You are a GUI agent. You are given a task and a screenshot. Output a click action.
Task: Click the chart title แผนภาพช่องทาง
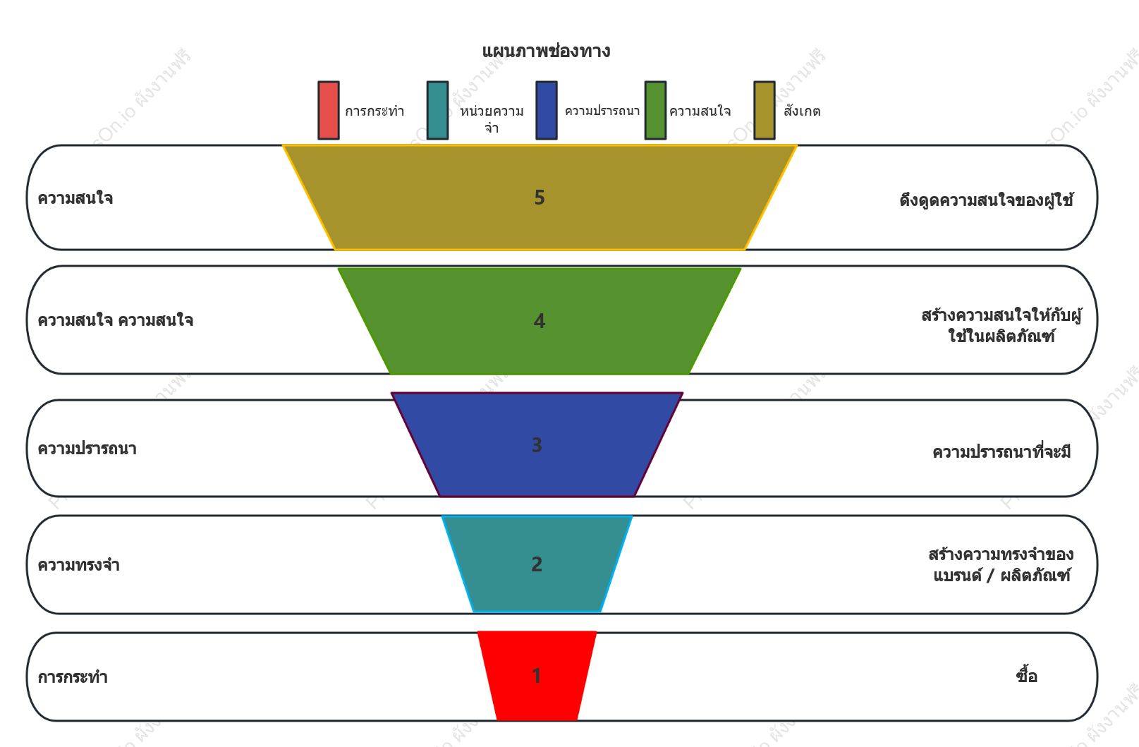tap(546, 51)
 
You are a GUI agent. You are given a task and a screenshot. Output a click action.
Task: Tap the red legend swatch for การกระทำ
tap(329, 110)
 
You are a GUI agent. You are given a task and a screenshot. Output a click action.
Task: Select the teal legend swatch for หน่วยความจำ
tap(437, 110)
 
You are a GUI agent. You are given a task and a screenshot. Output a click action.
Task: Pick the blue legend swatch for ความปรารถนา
tap(547, 110)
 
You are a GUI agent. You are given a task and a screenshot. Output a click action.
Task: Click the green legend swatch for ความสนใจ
tap(655, 110)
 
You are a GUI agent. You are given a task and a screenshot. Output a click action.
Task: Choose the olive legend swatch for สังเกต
tap(765, 110)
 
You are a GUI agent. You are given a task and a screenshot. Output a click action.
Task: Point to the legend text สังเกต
tap(802, 110)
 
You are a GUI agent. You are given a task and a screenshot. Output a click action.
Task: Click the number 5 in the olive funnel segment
tap(540, 198)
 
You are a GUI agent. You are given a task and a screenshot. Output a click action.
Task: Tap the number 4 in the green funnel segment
tap(540, 321)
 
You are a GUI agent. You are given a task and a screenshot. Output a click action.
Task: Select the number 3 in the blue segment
tap(537, 445)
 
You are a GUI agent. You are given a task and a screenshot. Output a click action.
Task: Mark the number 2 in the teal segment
tap(537, 564)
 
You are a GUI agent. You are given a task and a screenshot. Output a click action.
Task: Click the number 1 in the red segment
tap(537, 676)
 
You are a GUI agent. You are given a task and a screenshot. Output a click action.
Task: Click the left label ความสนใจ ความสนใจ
tap(116, 320)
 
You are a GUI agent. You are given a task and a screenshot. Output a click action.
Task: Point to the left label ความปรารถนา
tap(87, 449)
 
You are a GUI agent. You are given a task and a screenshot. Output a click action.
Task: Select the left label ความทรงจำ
tap(79, 565)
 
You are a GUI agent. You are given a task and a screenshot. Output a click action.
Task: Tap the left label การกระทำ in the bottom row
tap(73, 677)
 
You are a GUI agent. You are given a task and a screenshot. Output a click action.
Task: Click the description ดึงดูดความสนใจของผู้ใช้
tap(987, 199)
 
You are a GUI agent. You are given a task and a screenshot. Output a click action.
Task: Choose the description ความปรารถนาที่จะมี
tap(1001, 451)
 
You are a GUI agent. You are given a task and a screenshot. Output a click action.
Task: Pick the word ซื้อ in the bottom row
tap(1027, 675)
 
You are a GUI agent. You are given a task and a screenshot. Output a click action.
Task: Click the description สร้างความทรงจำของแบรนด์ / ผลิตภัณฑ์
tap(1001, 564)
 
